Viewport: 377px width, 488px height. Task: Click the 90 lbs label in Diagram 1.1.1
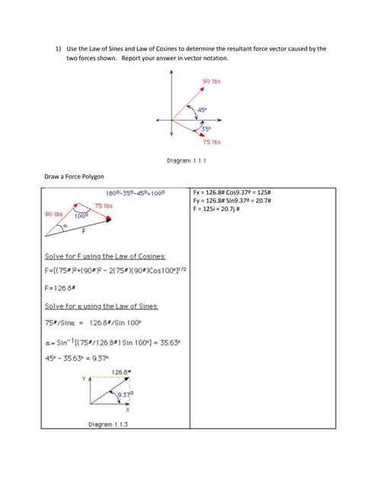point(212,82)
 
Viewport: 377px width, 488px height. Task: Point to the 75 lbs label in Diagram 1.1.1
point(212,142)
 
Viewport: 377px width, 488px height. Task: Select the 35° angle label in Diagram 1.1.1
point(206,127)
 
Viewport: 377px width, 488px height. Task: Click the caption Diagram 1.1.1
point(187,161)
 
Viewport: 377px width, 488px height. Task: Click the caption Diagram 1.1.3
point(107,424)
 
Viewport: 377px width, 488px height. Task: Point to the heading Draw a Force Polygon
point(75,176)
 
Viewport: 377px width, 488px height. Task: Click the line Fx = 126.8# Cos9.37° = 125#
point(225,191)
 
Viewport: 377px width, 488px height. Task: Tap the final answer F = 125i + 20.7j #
point(220,208)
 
